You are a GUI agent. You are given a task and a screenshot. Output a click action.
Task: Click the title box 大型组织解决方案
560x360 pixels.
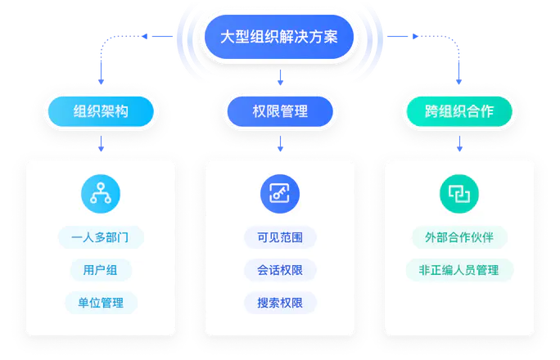point(279,37)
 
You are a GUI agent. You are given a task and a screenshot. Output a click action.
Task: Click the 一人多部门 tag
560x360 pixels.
point(101,237)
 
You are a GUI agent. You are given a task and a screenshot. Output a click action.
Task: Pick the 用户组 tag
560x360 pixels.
point(101,270)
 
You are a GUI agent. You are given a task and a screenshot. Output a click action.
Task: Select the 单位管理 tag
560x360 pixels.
point(101,303)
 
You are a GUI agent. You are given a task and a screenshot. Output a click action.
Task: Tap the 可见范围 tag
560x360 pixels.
point(280,237)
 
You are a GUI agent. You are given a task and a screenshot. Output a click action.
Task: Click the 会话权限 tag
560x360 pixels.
point(280,270)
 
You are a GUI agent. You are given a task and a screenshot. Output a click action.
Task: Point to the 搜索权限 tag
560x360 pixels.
point(280,303)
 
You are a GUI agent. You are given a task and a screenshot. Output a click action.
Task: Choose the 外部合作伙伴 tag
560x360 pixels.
point(459,237)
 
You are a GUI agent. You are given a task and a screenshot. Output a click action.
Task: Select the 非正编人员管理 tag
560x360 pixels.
point(459,270)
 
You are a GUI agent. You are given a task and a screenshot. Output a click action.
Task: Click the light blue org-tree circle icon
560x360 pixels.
point(101,193)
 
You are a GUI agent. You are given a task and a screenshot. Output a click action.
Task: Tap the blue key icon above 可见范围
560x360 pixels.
point(280,193)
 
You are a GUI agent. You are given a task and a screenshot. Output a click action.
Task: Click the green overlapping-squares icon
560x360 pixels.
point(459,193)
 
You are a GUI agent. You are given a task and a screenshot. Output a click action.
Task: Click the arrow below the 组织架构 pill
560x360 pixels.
point(101,145)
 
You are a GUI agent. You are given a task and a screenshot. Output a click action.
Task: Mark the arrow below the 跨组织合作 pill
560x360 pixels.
point(459,145)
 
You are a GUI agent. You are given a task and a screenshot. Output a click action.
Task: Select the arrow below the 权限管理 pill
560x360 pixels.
point(280,145)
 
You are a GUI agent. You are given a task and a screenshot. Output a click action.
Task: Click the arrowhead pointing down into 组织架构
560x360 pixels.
point(101,82)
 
